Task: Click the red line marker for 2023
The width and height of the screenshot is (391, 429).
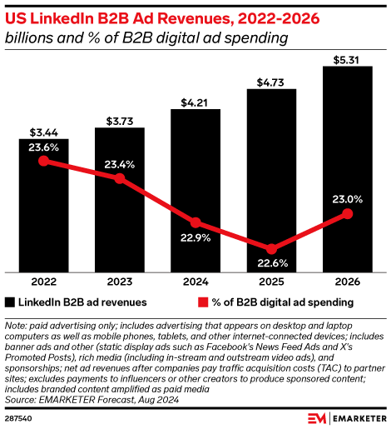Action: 121,178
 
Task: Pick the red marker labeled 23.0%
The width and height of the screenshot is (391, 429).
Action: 348,215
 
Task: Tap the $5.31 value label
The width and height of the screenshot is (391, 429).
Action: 348,59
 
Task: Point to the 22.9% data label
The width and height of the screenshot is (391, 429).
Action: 196,237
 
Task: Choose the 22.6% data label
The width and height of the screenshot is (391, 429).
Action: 271,264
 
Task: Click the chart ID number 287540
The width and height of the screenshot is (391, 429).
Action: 19,417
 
